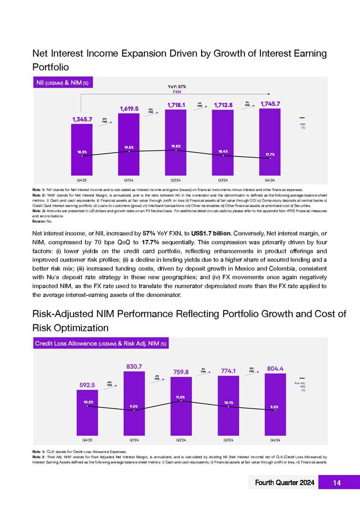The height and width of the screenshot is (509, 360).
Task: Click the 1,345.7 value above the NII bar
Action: pos(82,119)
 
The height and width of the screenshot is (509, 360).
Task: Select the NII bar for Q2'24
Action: pos(176,141)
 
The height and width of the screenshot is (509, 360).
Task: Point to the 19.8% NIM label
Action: pos(176,146)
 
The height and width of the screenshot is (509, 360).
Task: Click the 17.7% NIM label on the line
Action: pos(270,154)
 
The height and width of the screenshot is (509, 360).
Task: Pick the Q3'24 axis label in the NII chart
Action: pos(223,179)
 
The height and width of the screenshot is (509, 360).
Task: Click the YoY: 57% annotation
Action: pos(177,87)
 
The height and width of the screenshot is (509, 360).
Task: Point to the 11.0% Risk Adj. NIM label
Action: pos(181,397)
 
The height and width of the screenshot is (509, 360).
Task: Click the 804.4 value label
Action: pos(275,369)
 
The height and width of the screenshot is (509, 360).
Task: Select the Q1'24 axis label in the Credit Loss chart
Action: pos(134,440)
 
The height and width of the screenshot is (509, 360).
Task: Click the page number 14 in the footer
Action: pos(337,482)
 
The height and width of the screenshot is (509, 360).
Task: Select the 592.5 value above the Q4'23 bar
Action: pos(87,385)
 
